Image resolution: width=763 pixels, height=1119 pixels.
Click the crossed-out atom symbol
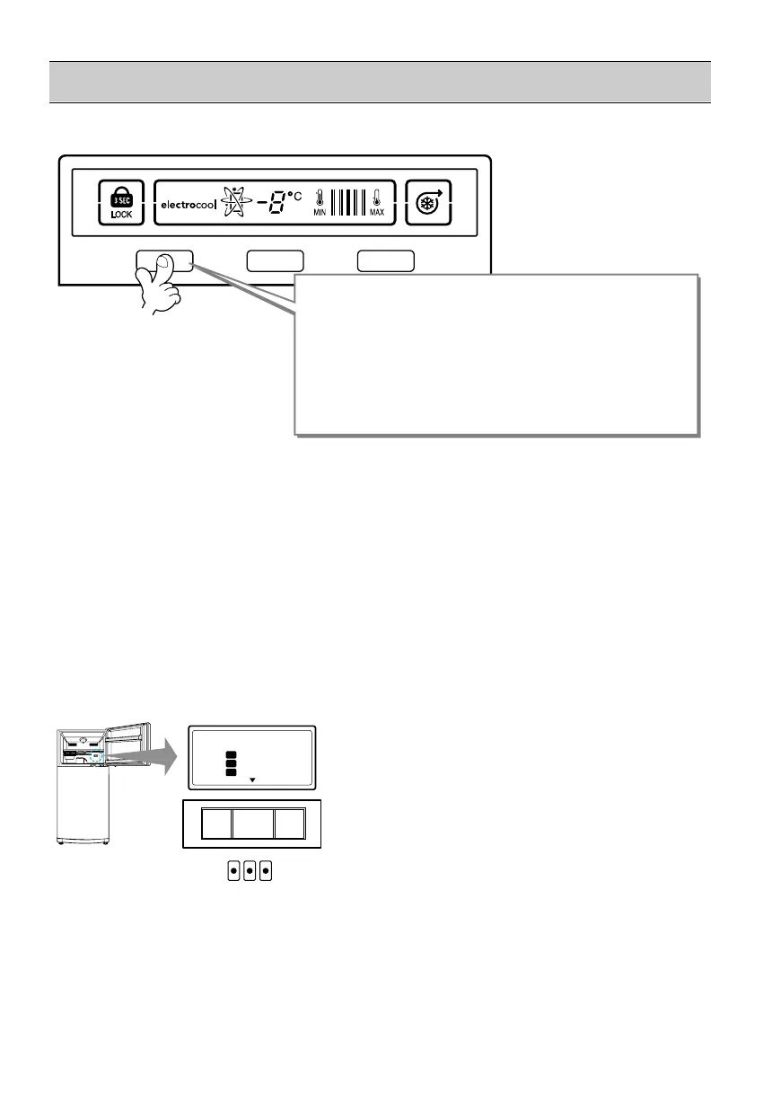coord(237,204)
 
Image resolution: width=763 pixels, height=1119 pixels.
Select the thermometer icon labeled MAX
coord(377,200)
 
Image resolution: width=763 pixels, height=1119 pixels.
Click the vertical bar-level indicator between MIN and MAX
coord(347,203)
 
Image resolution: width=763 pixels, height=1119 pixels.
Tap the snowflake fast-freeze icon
coord(427,204)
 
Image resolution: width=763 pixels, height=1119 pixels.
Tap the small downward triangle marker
coord(252,780)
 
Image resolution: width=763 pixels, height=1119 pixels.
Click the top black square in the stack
coord(232,754)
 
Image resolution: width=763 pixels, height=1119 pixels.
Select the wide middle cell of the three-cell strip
coord(253,822)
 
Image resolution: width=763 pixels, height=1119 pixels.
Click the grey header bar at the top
coord(379,82)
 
